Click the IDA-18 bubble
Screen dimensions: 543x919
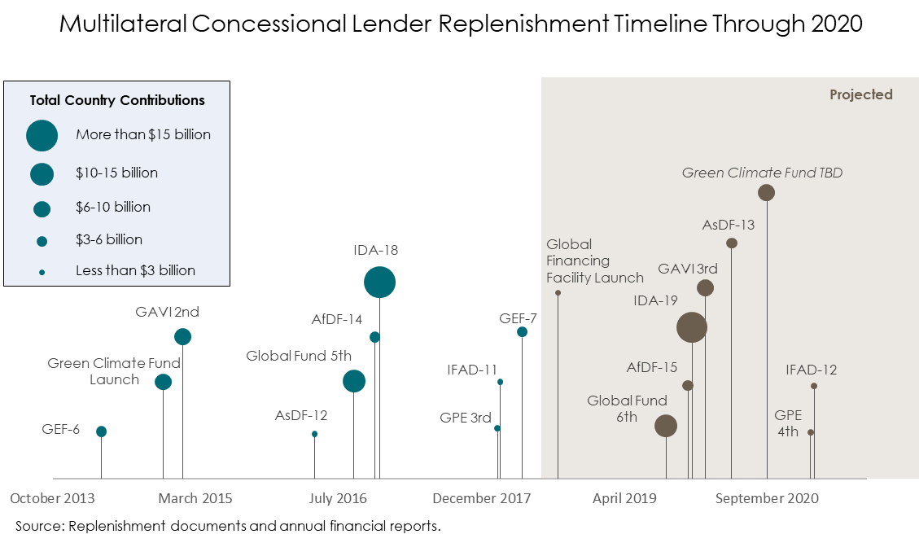pyautogui.click(x=379, y=282)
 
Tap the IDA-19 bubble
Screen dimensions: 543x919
pyautogui.click(x=692, y=327)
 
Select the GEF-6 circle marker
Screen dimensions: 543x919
pyautogui.click(x=101, y=431)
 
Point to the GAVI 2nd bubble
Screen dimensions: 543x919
pyautogui.click(x=182, y=336)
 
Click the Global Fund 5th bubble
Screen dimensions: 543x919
pyautogui.click(x=353, y=380)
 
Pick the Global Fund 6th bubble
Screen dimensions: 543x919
pyautogui.click(x=666, y=425)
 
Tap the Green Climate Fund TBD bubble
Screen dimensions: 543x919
pyautogui.click(x=766, y=193)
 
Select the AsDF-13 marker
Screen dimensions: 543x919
pyautogui.click(x=732, y=243)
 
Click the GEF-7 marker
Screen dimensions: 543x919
pyautogui.click(x=522, y=331)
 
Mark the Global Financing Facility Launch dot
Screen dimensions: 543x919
pyautogui.click(x=558, y=291)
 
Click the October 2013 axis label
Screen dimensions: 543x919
pyautogui.click(x=52, y=498)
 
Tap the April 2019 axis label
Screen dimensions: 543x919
pyautogui.click(x=624, y=498)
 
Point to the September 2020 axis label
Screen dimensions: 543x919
pyautogui.click(x=767, y=498)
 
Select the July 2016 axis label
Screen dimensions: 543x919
pyautogui.click(x=338, y=498)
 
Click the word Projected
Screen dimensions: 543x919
pyautogui.click(x=860, y=94)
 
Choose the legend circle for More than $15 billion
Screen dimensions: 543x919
pyautogui.click(x=42, y=135)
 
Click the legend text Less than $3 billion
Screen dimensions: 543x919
pyautogui.click(x=135, y=270)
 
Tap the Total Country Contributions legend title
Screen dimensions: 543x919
pyautogui.click(x=117, y=101)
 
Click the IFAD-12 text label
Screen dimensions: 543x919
pyautogui.click(x=812, y=370)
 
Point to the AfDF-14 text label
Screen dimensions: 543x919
pyautogui.click(x=337, y=319)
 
